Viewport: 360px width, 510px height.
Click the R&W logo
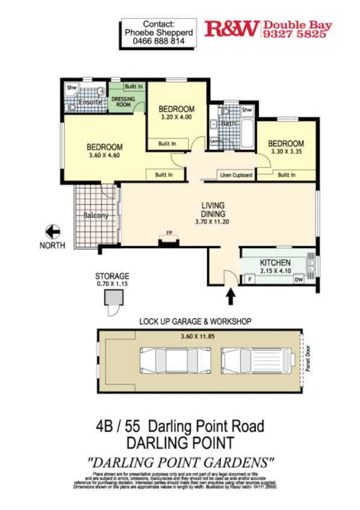(232, 28)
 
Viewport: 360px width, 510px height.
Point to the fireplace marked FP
(169, 242)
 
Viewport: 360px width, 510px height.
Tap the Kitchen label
(275, 263)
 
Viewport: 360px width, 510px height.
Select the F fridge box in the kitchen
(249, 279)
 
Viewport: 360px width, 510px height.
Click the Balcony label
(95, 216)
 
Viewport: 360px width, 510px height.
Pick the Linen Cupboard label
(235, 175)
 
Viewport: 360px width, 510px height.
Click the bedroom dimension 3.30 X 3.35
(285, 152)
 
